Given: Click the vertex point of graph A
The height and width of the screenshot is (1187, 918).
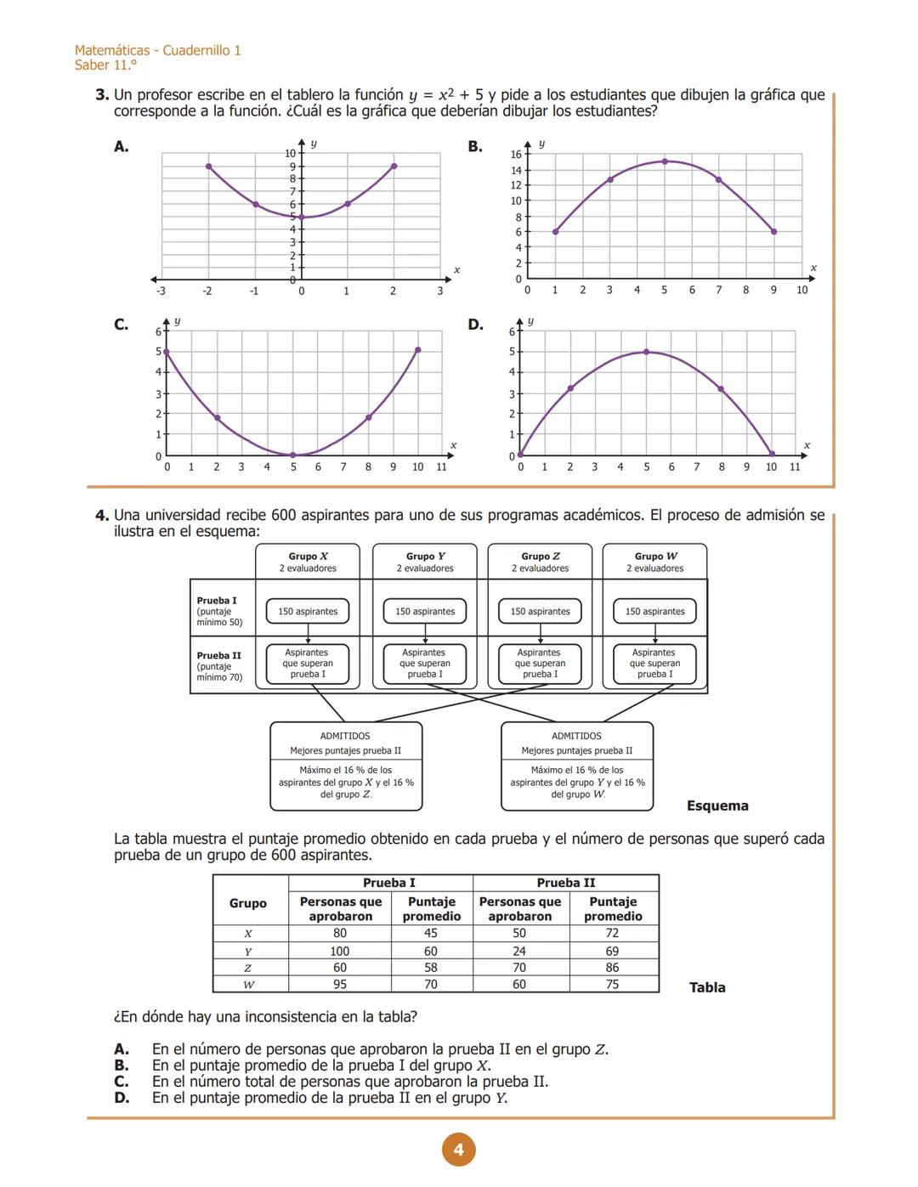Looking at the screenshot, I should (302, 218).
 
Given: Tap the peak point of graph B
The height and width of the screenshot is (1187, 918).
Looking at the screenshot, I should (665, 161).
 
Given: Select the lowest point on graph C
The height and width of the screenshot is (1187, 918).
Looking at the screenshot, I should (293, 455).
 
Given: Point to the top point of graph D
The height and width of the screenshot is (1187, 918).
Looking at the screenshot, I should (646, 352).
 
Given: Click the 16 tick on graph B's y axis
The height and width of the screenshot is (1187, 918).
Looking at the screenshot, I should (516, 155).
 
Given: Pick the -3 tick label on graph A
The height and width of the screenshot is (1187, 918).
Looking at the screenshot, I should (161, 291).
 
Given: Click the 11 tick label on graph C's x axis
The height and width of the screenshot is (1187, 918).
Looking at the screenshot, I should (441, 466).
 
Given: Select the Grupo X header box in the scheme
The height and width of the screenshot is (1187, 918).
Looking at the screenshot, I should (308, 562).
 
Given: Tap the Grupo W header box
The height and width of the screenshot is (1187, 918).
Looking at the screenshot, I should (654, 562).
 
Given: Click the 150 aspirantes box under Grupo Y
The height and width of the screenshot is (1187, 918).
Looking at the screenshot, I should (425, 611).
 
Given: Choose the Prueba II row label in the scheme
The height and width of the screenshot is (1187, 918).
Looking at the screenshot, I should (219, 666).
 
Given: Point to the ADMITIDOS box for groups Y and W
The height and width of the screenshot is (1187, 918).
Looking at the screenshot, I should (577, 766).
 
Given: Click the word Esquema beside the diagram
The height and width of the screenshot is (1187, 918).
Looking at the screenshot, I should (717, 805).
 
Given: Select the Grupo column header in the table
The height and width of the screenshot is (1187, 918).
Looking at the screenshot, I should (248, 903).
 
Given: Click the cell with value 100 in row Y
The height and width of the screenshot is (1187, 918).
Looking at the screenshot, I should (340, 951).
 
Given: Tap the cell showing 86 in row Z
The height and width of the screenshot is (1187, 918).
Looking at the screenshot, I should (612, 968).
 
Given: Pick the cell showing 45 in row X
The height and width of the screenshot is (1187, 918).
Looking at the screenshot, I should (431, 933).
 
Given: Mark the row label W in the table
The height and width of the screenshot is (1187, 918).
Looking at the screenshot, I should (248, 985).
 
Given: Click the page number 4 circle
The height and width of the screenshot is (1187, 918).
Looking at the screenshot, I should (459, 1150).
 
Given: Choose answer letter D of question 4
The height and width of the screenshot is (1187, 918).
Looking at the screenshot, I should (122, 1098).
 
